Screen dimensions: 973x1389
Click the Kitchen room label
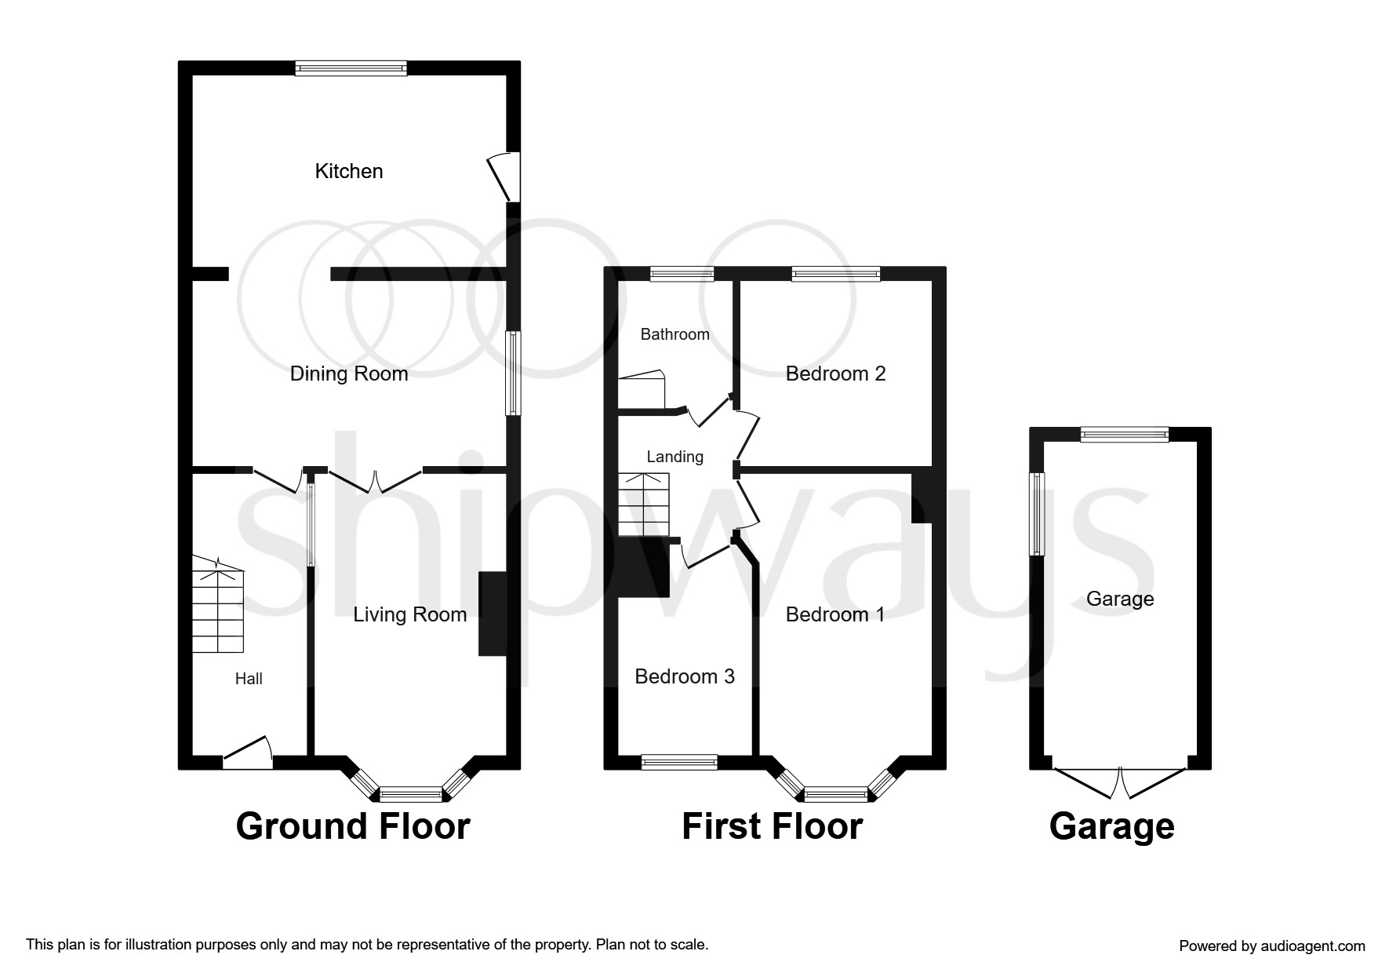[x=348, y=171]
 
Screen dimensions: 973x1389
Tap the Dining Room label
[x=349, y=374]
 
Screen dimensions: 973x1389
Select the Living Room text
[x=409, y=614]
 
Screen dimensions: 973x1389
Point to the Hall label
[x=249, y=679]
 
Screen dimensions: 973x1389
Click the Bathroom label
[x=675, y=334]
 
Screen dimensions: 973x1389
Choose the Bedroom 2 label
[x=835, y=374]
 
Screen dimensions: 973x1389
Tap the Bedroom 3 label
[x=684, y=676]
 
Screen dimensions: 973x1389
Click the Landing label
[x=675, y=457]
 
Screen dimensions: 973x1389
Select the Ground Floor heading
[x=352, y=826]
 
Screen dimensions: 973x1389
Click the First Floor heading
[x=772, y=826]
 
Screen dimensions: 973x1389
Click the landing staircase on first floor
[x=644, y=505]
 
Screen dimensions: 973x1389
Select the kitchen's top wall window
[x=351, y=69]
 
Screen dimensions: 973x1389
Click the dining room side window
[x=512, y=373]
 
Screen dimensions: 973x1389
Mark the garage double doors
[x=1119, y=782]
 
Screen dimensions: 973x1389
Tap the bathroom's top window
[x=682, y=274]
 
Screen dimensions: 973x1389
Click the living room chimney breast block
[x=492, y=614]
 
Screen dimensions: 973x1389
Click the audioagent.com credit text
[x=1271, y=946]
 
